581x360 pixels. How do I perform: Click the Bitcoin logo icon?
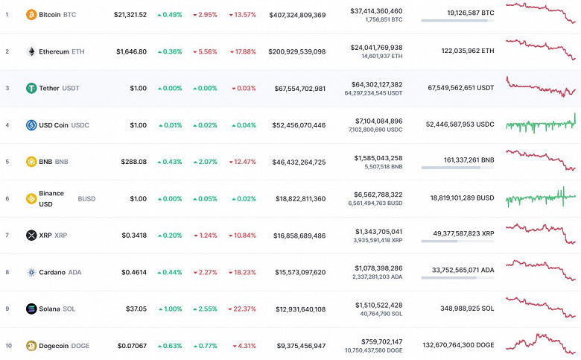coord(31,15)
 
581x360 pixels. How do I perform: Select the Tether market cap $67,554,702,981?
coord(299,89)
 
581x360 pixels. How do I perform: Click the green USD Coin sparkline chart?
coord(541,124)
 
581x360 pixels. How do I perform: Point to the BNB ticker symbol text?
coord(62,162)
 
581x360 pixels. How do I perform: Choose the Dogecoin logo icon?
coord(31,346)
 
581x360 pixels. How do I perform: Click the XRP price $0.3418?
coord(135,236)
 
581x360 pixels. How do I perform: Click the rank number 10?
coord(7,346)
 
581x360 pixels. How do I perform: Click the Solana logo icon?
coord(31,309)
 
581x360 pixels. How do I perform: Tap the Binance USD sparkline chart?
coord(541,198)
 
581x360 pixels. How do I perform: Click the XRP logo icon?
coord(31,236)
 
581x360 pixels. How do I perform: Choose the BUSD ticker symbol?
coord(86,199)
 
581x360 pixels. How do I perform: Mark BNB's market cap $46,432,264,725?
coord(299,162)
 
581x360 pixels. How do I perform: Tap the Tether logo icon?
coord(31,89)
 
